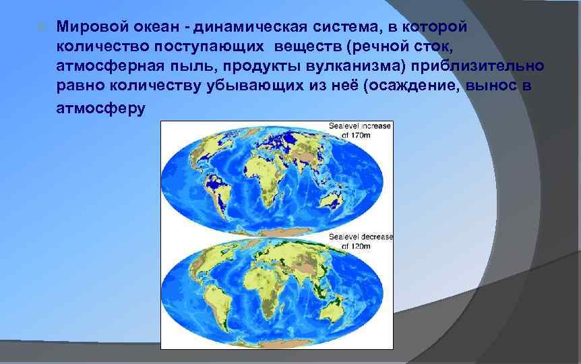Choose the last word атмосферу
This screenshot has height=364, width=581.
pos(100,109)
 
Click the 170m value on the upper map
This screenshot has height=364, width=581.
pos(357,135)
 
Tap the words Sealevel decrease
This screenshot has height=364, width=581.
pos(361,237)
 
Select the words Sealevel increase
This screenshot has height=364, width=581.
pos(359,126)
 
